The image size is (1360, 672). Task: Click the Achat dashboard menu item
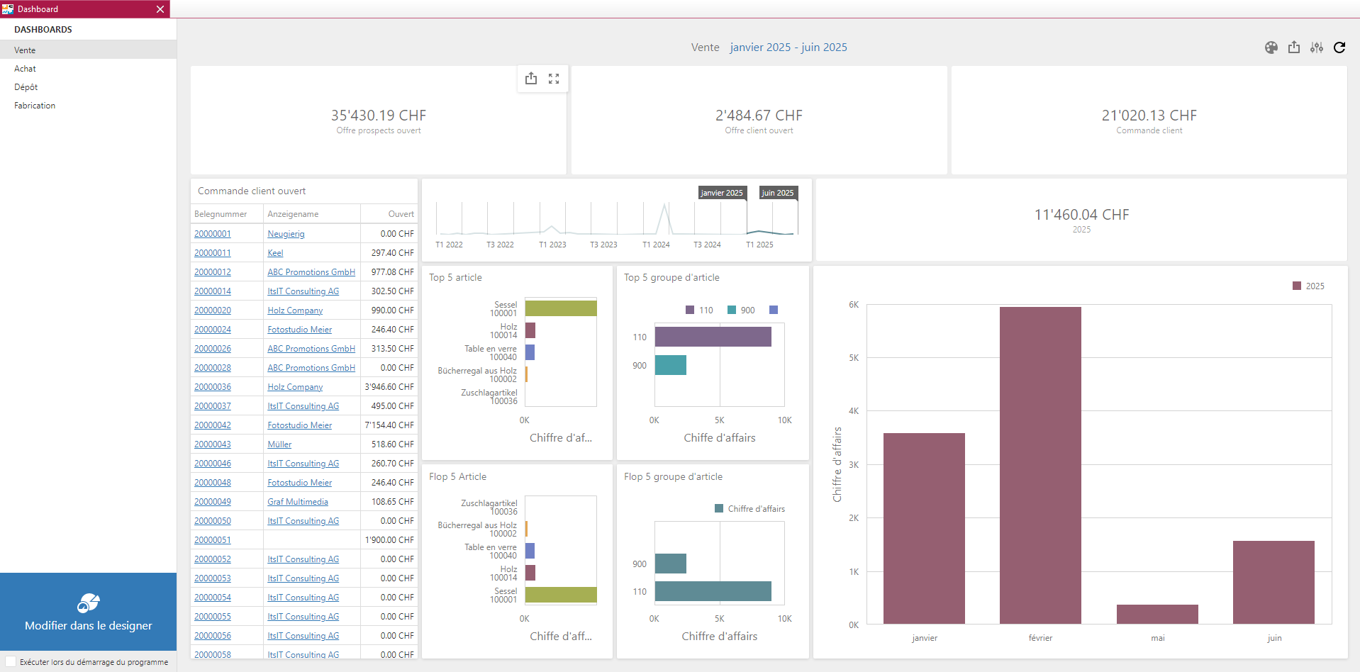[26, 69]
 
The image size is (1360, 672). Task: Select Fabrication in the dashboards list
[35, 106]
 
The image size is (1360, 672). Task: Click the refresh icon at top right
[1339, 47]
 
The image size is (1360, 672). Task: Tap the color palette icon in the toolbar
[1271, 47]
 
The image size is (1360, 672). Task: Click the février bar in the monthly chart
[1040, 465]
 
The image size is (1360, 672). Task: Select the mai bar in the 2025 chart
[1157, 614]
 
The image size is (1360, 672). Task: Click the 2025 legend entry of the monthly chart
[1309, 286]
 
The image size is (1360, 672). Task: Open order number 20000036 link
[213, 387]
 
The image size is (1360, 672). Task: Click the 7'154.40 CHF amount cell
[389, 425]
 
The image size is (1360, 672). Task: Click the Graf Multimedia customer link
[298, 502]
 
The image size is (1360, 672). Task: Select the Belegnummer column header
[221, 214]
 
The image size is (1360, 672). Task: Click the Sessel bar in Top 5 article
[561, 308]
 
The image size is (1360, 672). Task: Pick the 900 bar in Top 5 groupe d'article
[670, 365]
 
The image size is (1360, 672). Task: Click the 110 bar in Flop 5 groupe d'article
[713, 591]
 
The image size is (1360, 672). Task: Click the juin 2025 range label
[778, 193]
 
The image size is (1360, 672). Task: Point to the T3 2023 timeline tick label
[603, 245]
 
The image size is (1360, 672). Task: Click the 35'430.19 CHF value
[379, 116]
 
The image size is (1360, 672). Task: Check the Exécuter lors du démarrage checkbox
[11, 661]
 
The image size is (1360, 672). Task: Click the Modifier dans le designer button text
[89, 625]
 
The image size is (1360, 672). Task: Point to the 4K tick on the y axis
[854, 411]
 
